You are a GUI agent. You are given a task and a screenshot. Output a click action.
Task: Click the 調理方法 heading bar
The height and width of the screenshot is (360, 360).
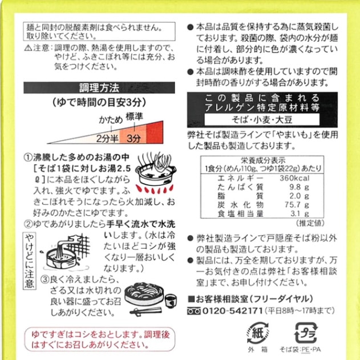(x=99, y=87)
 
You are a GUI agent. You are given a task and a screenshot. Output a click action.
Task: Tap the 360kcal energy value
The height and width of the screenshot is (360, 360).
(x=294, y=178)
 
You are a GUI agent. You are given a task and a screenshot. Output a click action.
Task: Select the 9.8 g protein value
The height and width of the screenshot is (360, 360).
(x=299, y=187)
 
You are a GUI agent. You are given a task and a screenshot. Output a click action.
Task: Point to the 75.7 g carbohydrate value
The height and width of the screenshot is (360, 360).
(x=297, y=205)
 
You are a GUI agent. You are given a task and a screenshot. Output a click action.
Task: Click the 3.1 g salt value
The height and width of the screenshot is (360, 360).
(x=300, y=214)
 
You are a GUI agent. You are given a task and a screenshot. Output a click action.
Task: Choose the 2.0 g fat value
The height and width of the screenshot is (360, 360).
(x=299, y=196)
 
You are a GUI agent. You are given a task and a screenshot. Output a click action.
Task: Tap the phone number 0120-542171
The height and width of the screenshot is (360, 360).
(x=232, y=311)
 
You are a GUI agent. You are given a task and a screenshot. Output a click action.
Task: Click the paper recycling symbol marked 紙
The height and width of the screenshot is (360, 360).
(x=258, y=333)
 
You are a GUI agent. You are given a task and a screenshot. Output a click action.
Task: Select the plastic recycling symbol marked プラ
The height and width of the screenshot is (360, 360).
(x=306, y=333)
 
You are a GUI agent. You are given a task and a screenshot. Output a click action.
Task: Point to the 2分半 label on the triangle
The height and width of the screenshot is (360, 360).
(x=107, y=139)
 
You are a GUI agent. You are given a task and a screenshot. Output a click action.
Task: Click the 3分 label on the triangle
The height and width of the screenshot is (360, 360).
(x=134, y=139)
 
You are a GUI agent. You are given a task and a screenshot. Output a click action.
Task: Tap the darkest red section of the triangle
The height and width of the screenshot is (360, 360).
(x=155, y=132)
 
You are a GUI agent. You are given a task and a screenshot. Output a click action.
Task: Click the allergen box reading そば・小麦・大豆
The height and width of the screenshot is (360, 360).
(x=262, y=120)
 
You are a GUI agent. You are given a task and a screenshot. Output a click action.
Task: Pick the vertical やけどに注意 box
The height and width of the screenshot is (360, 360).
(x=30, y=261)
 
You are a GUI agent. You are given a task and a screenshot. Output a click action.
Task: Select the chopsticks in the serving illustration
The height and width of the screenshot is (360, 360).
(x=145, y=311)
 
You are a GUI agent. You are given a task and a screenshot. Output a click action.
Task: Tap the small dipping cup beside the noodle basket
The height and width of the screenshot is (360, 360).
(x=171, y=301)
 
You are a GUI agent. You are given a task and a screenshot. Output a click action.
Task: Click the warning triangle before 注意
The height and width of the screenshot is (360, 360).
(x=28, y=48)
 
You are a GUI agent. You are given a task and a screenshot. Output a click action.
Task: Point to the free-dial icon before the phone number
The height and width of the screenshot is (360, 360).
(x=194, y=311)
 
